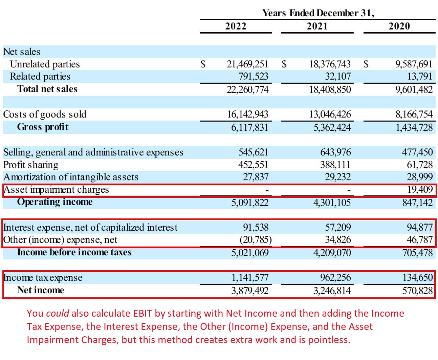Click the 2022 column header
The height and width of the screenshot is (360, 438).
tap(236, 26)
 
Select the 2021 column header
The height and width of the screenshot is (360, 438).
tap(317, 26)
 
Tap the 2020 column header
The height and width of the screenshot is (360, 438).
tap(399, 26)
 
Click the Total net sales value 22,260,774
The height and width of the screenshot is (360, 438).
tap(247, 89)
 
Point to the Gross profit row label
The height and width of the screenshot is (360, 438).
tap(43, 127)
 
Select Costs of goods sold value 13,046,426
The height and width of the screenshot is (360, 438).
tap(330, 114)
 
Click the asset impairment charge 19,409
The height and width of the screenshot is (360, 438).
tap(420, 189)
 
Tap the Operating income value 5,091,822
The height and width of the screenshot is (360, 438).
tap(250, 203)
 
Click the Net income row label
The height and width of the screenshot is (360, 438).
tap(41, 290)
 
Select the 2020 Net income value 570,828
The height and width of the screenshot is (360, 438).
tap(417, 291)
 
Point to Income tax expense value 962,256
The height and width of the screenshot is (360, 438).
tap(335, 278)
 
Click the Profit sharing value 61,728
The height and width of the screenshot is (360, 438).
tap(420, 165)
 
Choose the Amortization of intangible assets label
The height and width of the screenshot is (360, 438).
tap(71, 177)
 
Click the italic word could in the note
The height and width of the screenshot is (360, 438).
tap(58, 313)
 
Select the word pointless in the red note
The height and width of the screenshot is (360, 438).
tap(329, 340)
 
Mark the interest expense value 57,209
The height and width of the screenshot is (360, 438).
tap(338, 227)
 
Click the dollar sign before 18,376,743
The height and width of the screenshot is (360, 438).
tap(284, 64)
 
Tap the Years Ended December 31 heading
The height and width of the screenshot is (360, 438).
tap(318, 13)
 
